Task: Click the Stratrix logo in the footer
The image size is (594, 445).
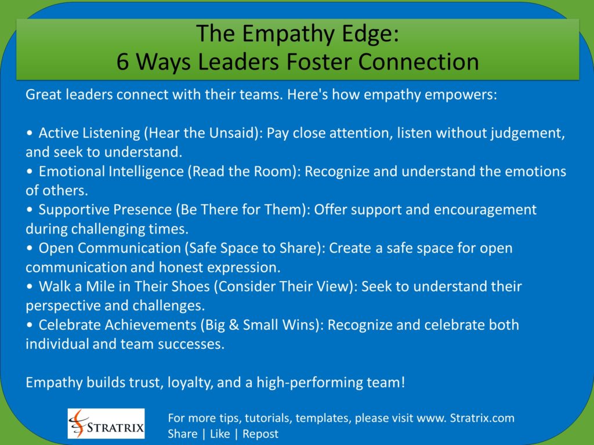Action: (106, 424)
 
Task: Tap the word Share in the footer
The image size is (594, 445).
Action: (182, 433)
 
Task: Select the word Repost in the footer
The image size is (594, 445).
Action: (260, 433)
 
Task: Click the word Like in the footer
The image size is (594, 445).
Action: (220, 433)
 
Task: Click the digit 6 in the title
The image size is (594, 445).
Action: (123, 61)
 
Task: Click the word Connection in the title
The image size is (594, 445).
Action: (422, 61)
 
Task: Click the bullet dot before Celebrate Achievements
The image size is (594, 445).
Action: (30, 324)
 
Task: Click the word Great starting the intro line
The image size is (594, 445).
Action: (42, 95)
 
